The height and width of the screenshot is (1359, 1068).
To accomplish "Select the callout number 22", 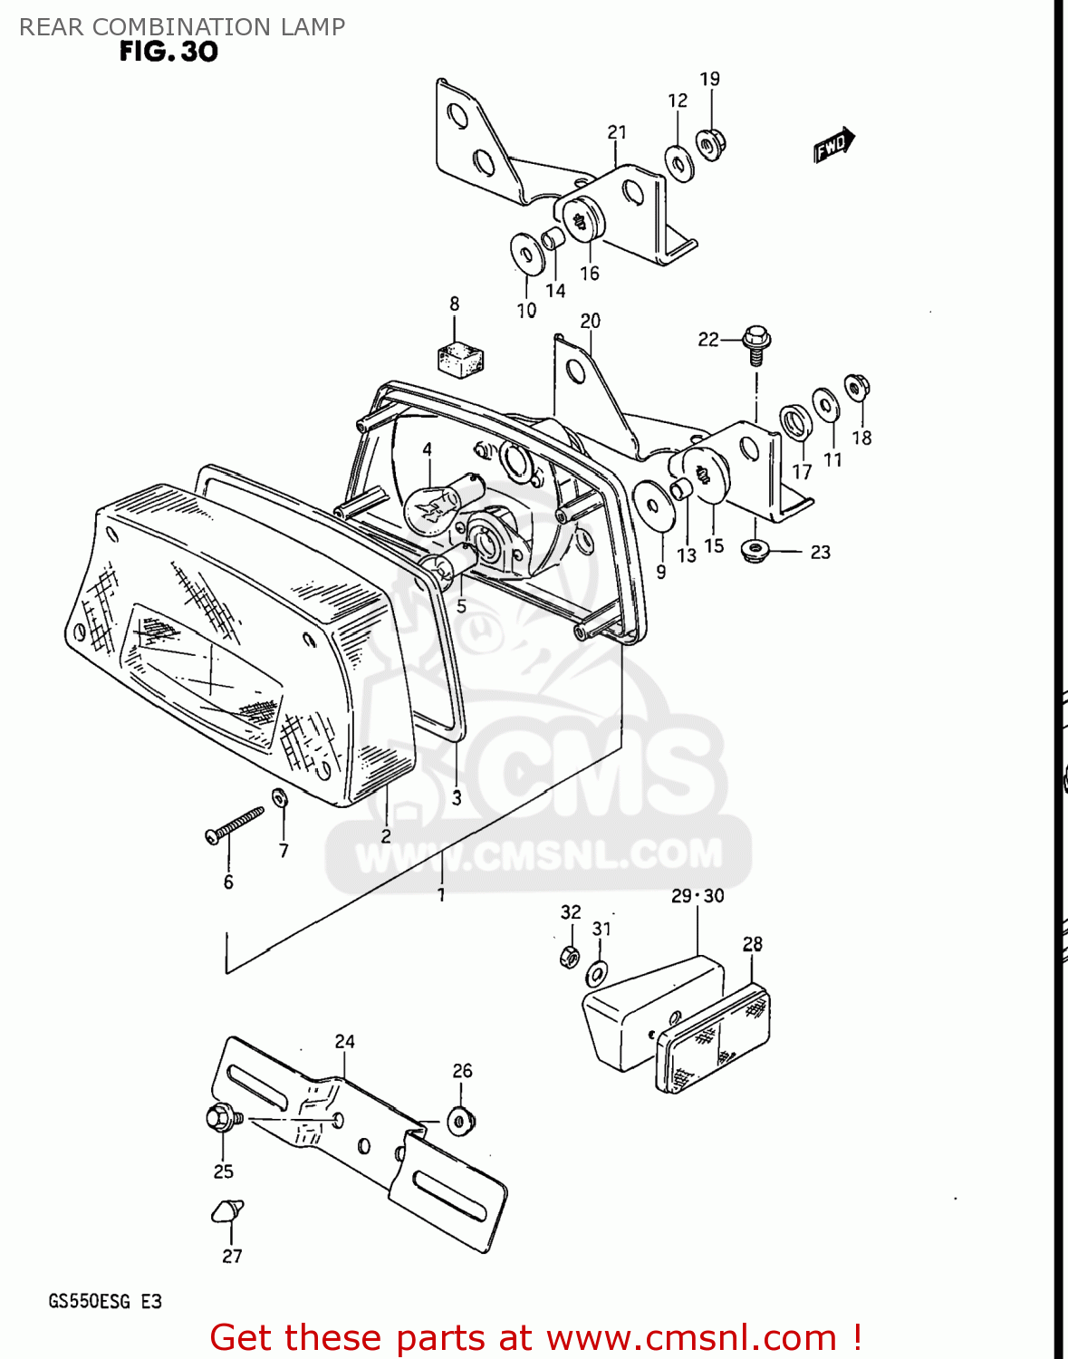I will coord(707,340).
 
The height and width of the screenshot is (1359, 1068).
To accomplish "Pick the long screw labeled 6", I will coord(234,825).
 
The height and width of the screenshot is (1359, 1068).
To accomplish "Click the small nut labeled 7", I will coord(280,797).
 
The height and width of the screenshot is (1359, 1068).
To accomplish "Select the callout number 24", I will coord(344,1042).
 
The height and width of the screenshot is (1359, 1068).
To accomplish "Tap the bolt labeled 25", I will coord(222,1118).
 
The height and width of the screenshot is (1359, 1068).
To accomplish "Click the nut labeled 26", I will coord(461,1121).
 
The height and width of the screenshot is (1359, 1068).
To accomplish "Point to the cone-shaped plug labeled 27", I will coord(228,1210).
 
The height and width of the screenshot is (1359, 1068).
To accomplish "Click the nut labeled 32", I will coord(569,955).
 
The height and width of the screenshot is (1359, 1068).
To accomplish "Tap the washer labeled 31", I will coord(597,975).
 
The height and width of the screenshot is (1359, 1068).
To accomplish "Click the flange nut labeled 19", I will coord(710,143).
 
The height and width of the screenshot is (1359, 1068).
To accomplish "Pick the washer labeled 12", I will coord(678,163).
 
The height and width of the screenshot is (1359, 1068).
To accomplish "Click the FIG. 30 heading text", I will coord(168,52).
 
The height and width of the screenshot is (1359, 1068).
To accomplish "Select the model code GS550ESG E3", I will coord(105,1302).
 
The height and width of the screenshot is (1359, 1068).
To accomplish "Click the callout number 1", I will coord(441,895).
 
